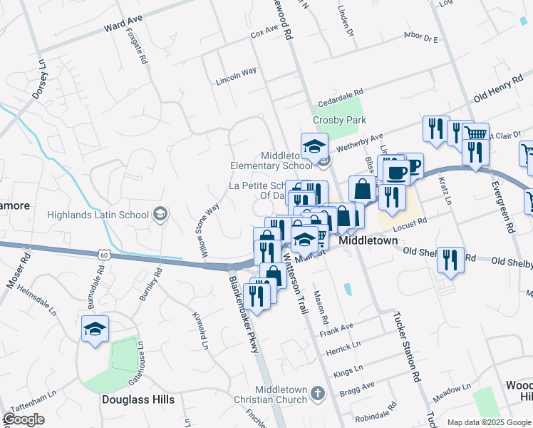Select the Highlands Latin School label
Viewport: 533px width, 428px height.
(x=98, y=215)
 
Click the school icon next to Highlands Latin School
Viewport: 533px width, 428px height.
(x=160, y=214)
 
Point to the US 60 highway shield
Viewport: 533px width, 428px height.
(x=104, y=254)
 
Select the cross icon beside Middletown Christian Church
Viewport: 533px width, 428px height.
(x=318, y=393)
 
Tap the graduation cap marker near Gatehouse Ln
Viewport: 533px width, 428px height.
(x=95, y=330)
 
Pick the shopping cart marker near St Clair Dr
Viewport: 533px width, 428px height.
(x=475, y=133)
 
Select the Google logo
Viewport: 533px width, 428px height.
(x=24, y=419)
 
